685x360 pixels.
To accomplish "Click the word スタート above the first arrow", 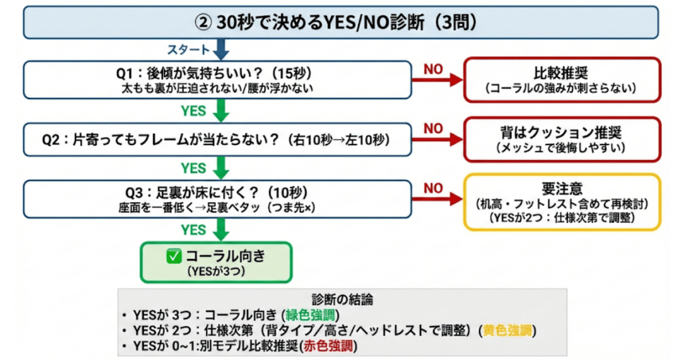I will click(x=189, y=50).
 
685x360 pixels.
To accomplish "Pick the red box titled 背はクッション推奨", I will click(x=562, y=139).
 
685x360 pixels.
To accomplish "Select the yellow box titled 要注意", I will click(x=562, y=202).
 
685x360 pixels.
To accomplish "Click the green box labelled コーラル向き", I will click(x=215, y=262).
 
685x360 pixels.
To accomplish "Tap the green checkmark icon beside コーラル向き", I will click(x=173, y=256).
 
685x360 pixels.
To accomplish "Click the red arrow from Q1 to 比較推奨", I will click(x=437, y=79).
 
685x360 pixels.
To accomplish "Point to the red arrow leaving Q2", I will click(x=437, y=139).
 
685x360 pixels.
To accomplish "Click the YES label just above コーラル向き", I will click(x=193, y=230).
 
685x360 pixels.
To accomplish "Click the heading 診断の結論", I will click(x=342, y=298).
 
